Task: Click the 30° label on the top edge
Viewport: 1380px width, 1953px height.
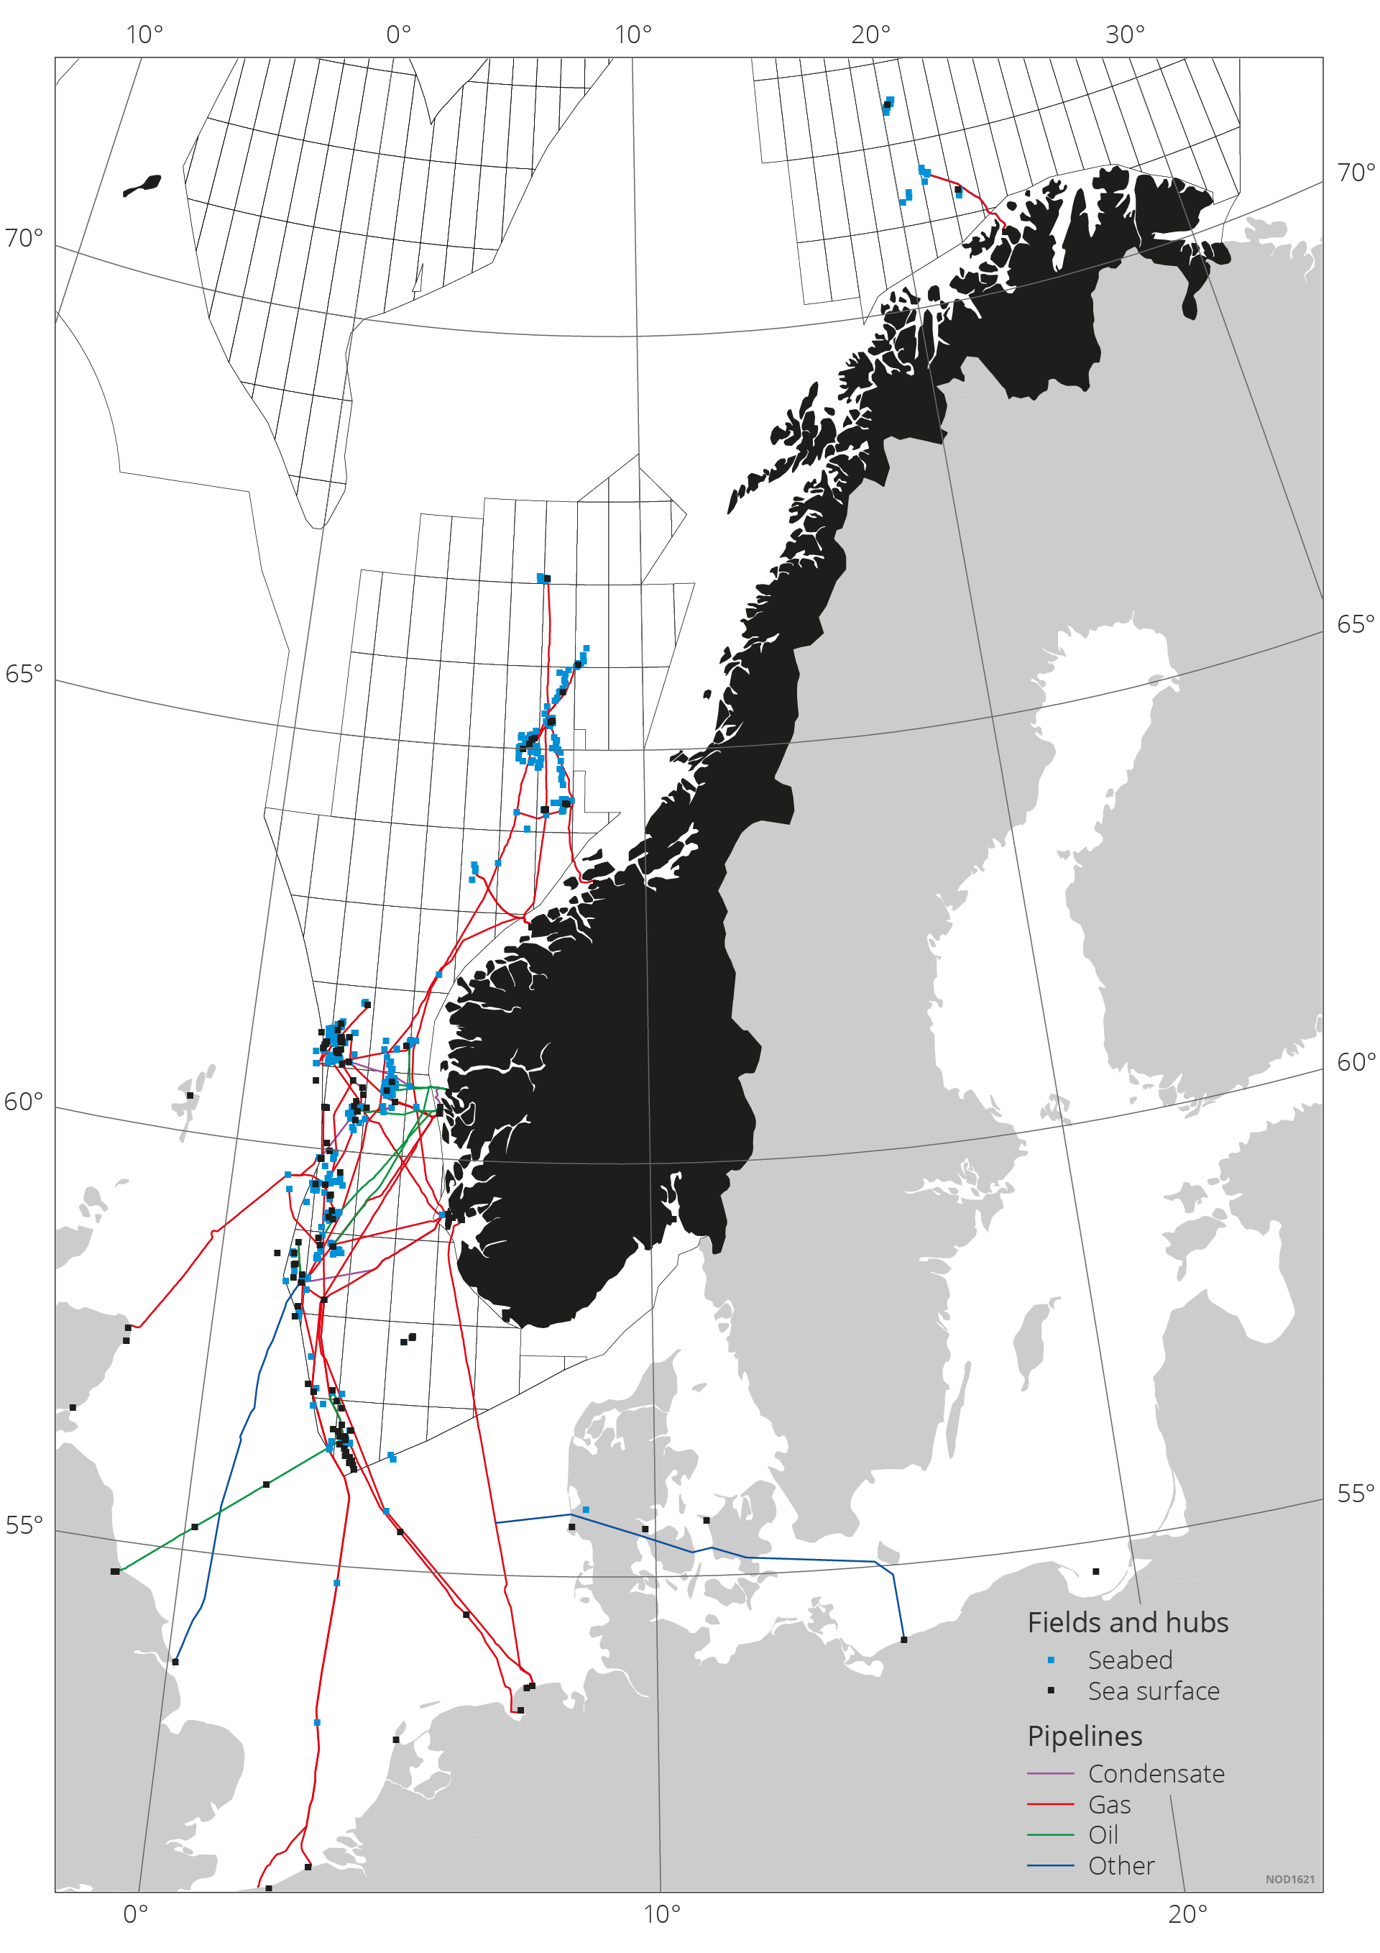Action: coord(1124,35)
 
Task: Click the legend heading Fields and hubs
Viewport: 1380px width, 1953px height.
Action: coord(1128,1623)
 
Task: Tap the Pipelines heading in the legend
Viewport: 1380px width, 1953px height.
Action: coord(1084,1736)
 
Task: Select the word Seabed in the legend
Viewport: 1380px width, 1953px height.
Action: coord(1129,1660)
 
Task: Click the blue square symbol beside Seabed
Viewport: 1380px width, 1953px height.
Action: coord(1051,1660)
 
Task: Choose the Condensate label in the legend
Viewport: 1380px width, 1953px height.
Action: coord(1156,1773)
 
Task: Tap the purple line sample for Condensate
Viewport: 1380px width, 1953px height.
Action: coord(1050,1773)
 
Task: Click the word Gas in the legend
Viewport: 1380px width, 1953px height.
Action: coord(1109,1804)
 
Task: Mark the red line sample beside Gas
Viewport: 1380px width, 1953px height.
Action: coord(1050,1804)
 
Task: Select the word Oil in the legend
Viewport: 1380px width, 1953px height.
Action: coord(1103,1835)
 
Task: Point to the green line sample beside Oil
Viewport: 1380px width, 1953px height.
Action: coord(1050,1836)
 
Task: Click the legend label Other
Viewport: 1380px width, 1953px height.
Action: coord(1121,1865)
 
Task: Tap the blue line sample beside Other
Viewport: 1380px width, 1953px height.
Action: coord(1050,1866)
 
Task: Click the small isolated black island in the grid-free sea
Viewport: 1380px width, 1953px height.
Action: coord(142,186)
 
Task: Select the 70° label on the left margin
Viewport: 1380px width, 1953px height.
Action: coord(23,238)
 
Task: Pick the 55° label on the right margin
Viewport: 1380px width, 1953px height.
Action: coord(1356,1494)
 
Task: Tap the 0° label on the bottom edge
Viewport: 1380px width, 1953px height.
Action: coord(135,1914)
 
